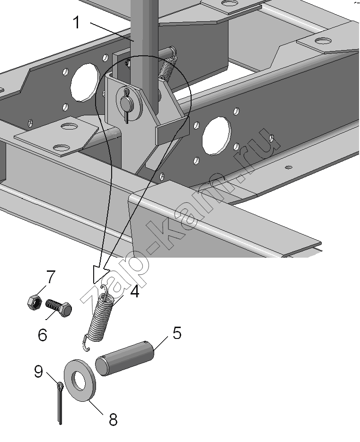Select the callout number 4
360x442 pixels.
(x=134, y=292)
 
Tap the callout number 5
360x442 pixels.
(x=176, y=333)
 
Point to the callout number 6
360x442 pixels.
(x=42, y=335)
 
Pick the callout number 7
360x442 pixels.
(x=50, y=276)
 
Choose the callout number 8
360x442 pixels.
(x=113, y=419)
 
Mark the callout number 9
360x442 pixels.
(x=39, y=372)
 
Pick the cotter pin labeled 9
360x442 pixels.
(x=59, y=402)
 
